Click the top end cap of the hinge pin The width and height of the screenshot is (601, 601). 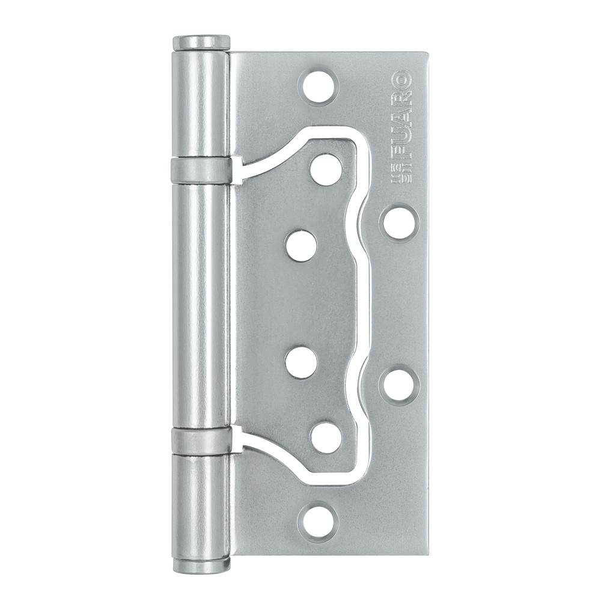coord(201,43)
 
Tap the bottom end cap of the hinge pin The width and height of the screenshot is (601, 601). coord(201,565)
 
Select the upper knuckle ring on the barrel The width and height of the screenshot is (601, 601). coord(201,171)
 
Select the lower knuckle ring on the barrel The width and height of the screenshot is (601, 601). coord(201,441)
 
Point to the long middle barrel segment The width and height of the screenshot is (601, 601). coord(201,305)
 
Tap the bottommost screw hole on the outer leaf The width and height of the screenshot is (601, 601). coord(319,520)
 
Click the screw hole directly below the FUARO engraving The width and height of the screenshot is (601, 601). coord(399,222)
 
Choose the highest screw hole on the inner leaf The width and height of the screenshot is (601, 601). coord(326,169)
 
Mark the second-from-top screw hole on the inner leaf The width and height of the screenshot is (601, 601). coord(301,246)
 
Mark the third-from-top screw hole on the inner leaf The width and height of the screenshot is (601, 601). coord(301,362)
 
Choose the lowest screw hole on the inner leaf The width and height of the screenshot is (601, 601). coord(326,438)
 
